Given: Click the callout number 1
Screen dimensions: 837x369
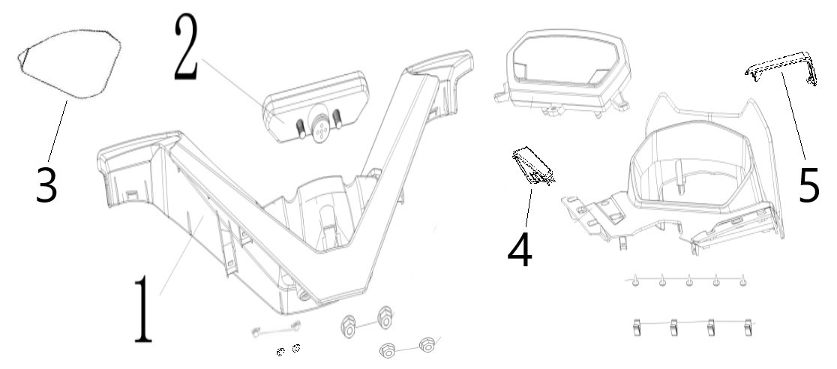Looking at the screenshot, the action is [142, 309].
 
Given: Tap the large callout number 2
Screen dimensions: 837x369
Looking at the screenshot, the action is [186, 47].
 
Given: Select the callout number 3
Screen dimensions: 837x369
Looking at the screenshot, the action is [46, 184].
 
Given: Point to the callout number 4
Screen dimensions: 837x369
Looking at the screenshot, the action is [520, 250].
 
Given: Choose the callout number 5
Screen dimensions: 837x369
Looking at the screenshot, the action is [808, 184].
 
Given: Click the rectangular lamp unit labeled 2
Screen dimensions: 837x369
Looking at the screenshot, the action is [316, 107].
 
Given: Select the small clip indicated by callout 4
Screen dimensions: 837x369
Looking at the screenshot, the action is [533, 166].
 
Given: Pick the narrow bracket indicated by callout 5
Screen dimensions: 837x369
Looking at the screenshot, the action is [781, 68].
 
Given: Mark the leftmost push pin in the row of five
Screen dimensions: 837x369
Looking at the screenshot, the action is [635, 281].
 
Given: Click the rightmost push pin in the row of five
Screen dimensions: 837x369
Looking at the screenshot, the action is [743, 281].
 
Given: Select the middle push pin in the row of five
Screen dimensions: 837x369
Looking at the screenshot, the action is [689, 281].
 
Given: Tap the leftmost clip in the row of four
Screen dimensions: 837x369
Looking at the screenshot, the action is [636, 327].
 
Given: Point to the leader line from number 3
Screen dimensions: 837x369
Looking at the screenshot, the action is [58, 130].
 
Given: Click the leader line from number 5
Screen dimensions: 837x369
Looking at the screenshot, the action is [793, 116].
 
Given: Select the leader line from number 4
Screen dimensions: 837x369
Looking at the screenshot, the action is [528, 208].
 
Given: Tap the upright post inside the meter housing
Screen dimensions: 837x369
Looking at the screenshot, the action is [679, 175].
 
